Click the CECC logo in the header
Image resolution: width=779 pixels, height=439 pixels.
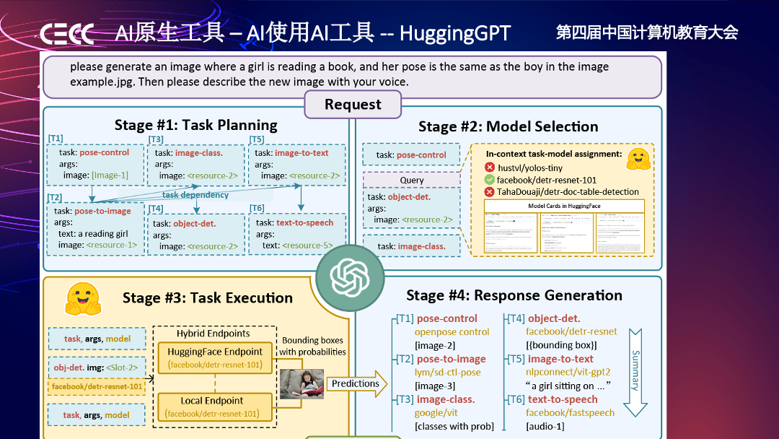click(67, 34)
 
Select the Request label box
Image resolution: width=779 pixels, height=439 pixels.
click(353, 105)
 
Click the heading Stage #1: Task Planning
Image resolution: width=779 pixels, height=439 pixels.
click(195, 125)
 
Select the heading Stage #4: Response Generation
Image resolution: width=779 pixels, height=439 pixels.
click(514, 295)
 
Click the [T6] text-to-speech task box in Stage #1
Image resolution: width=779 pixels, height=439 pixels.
click(296, 234)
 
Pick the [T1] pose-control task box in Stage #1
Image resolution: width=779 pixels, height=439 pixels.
click(94, 164)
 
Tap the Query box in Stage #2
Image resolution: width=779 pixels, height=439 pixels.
click(411, 180)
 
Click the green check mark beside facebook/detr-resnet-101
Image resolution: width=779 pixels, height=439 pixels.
click(490, 180)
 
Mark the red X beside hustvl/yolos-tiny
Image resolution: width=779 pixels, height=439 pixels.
click(490, 168)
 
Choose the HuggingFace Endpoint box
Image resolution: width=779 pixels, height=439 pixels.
click(215, 357)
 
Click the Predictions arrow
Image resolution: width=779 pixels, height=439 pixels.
click(357, 384)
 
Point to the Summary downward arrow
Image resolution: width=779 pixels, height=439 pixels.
click(635, 373)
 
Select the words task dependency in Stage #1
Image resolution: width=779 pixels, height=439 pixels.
click(195, 195)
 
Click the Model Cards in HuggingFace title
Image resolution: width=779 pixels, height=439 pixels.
click(564, 206)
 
